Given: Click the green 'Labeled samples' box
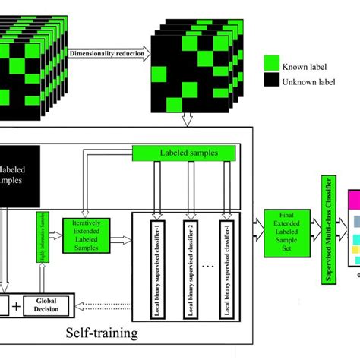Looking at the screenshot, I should click(186, 153).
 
